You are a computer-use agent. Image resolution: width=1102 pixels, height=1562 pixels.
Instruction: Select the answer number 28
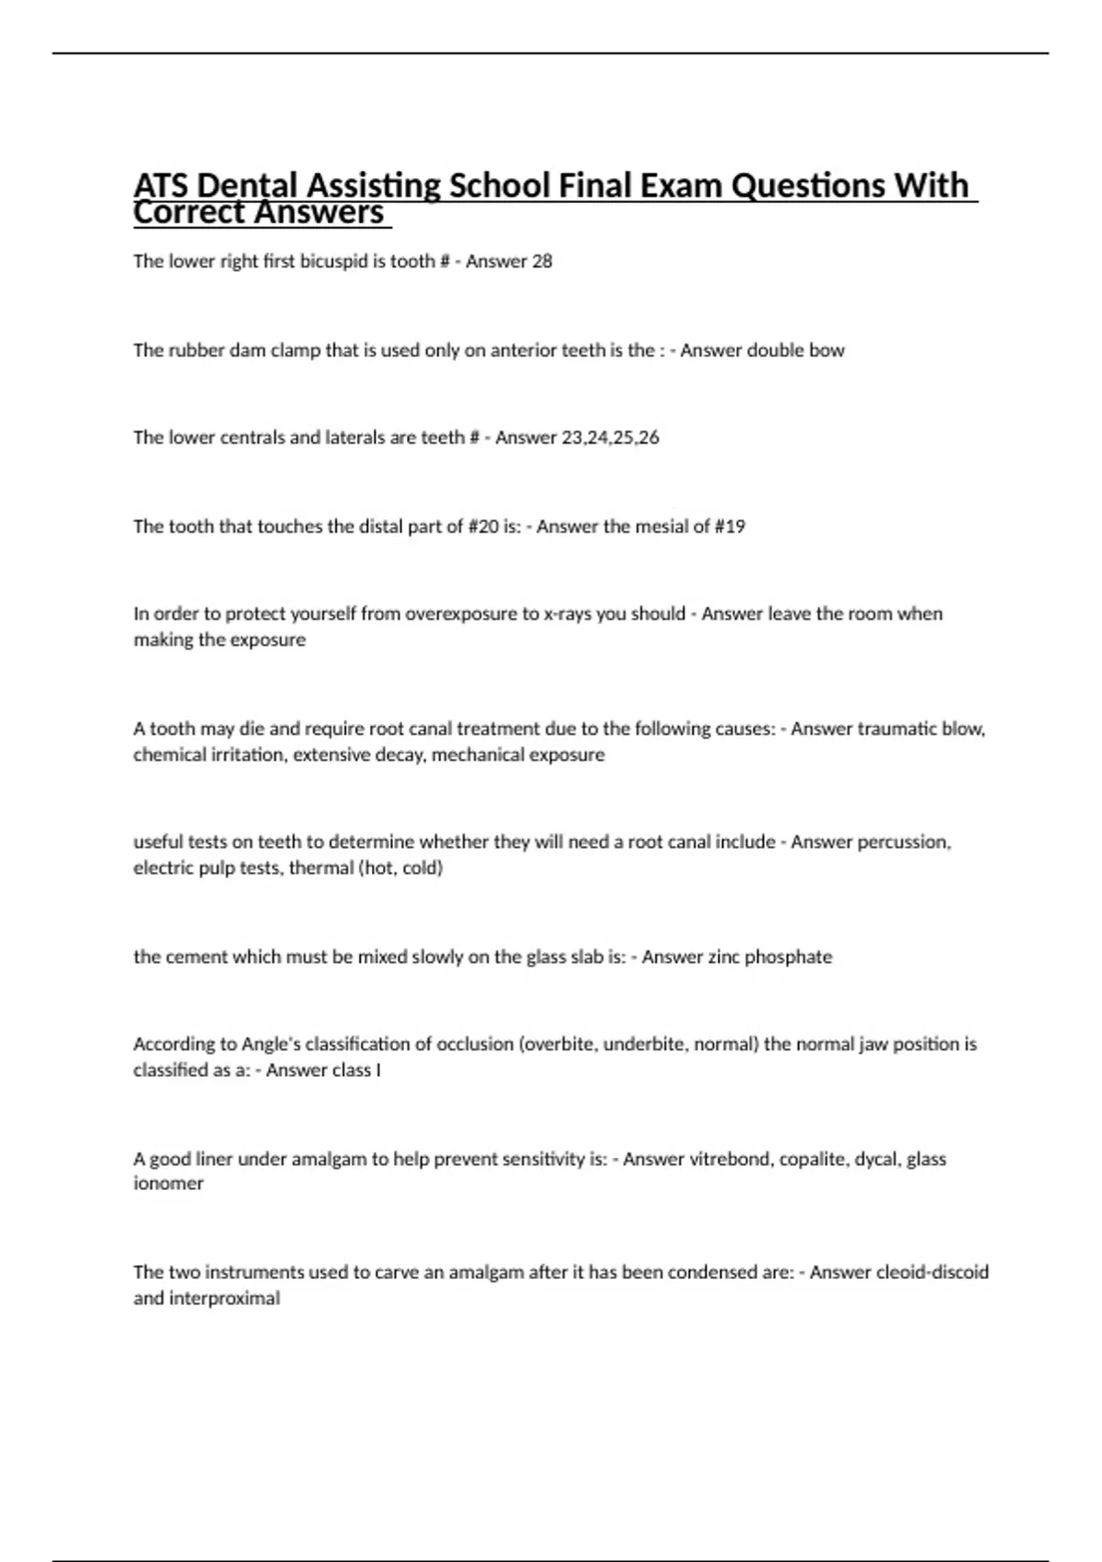(x=542, y=261)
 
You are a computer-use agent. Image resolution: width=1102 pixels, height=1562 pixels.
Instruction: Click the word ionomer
(x=168, y=1183)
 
